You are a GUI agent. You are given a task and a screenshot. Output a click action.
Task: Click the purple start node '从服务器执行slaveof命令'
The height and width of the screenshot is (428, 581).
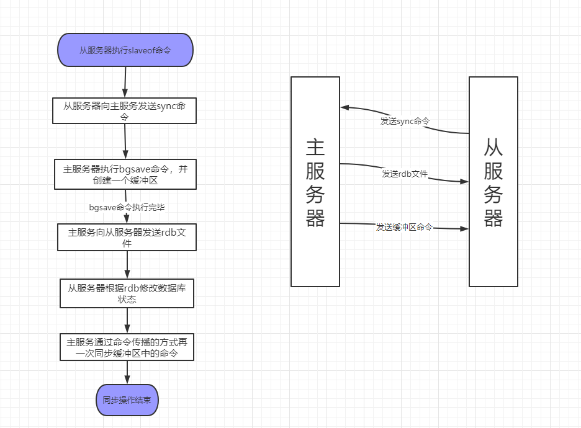coord(125,50)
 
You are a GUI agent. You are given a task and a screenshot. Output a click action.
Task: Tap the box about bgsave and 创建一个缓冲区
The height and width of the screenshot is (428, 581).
coord(125,174)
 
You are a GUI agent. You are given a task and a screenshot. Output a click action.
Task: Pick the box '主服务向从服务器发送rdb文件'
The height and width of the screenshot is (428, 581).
coord(127,238)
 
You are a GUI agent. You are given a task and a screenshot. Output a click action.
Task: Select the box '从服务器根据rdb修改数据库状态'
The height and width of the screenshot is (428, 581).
coord(127,293)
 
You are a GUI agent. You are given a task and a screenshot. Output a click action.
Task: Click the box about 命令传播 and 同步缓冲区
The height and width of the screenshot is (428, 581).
coord(127,347)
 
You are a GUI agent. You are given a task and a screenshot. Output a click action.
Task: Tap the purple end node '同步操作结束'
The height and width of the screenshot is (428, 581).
coord(127,400)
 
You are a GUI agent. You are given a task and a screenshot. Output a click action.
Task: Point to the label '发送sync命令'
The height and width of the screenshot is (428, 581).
coord(405,121)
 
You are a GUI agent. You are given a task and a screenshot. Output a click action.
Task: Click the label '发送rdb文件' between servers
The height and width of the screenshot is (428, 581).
coord(405,174)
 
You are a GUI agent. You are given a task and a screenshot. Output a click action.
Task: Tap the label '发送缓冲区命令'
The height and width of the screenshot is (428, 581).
coord(404,227)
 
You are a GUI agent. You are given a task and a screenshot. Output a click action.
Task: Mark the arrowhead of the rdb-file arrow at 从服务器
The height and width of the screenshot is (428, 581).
coord(464,182)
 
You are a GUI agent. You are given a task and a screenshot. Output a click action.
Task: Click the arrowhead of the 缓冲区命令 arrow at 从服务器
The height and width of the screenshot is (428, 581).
coord(464,229)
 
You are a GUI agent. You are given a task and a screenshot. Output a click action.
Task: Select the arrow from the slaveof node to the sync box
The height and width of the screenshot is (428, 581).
coord(125,81)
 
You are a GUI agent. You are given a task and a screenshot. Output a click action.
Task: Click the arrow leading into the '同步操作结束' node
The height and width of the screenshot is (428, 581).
coord(127,373)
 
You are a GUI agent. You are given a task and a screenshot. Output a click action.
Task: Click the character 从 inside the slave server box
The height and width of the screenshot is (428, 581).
coord(493,147)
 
